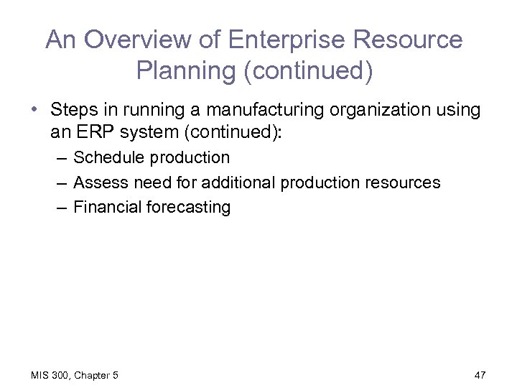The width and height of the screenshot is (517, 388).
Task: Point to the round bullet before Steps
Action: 34,111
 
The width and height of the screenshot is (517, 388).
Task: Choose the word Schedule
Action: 108,157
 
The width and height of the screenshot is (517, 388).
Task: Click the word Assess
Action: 99,183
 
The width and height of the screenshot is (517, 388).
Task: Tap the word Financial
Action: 108,208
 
